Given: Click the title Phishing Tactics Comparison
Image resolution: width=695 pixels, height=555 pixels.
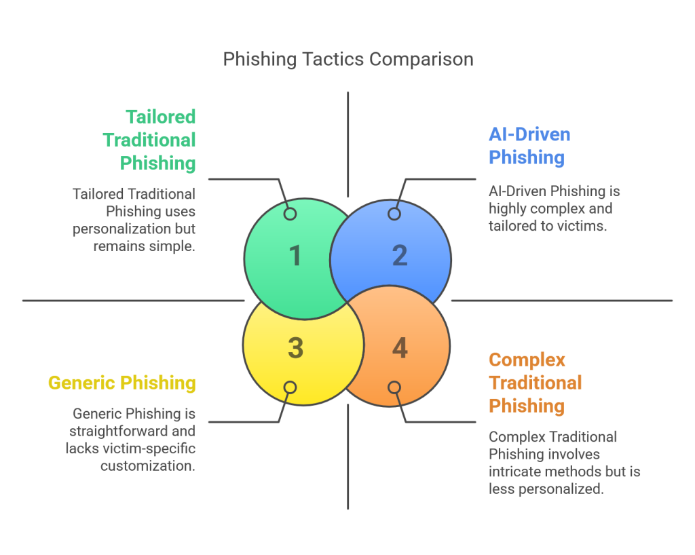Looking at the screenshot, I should [x=347, y=60].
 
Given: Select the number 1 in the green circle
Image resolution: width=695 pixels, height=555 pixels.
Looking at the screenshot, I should [x=295, y=256].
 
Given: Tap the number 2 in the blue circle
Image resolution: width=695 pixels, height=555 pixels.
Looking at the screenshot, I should [x=400, y=255].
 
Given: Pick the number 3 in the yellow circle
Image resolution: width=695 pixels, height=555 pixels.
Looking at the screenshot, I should [x=295, y=347].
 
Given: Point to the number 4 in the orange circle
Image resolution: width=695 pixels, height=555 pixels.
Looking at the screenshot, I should [x=400, y=348].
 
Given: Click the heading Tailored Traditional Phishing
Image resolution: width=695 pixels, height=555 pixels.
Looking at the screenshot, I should [x=149, y=140].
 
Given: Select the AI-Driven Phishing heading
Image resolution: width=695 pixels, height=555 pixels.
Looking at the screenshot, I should [x=529, y=146].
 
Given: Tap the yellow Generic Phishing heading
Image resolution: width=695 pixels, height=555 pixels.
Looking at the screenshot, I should [x=121, y=383].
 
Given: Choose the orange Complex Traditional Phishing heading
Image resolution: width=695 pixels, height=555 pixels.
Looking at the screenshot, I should [x=535, y=383].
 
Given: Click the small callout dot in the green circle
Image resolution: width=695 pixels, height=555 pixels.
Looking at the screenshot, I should [x=290, y=214].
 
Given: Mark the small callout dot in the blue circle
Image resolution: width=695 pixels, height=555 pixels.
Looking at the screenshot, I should [x=394, y=214].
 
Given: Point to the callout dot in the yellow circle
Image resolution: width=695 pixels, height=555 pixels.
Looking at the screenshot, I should [x=290, y=387].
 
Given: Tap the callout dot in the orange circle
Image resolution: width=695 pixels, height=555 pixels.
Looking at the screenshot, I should [x=394, y=387].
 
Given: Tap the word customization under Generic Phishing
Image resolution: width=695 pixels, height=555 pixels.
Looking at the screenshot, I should [x=148, y=465].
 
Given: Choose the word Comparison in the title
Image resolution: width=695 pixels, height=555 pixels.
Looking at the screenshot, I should [x=421, y=60].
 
